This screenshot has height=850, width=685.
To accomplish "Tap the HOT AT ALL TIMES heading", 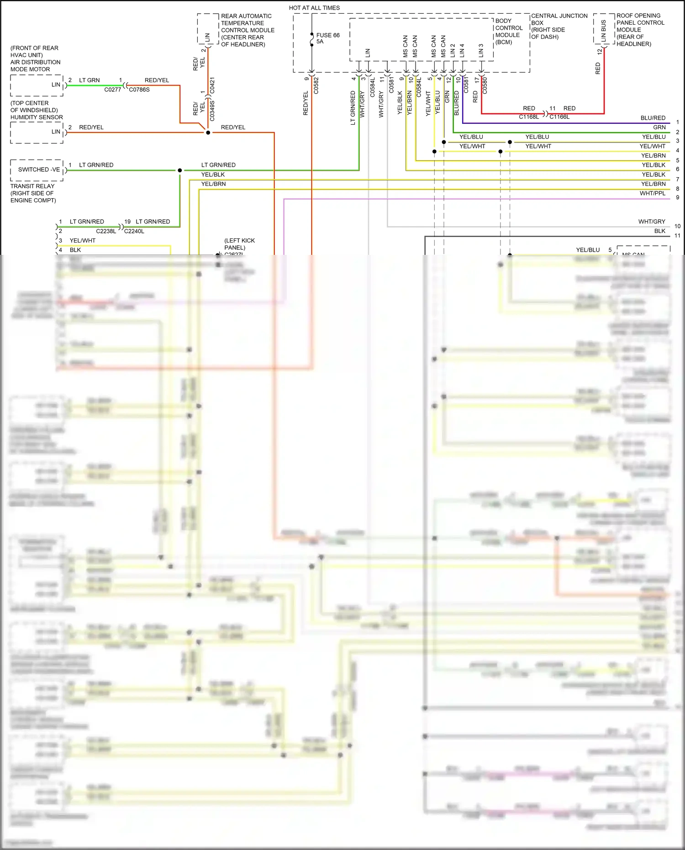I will coord(314,8).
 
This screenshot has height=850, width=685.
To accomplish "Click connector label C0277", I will coord(112,90).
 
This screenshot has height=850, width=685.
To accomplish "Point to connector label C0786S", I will coord(139,90).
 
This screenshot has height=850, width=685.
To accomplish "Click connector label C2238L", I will coord(106,231).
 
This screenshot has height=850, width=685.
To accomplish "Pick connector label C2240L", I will coord(134,231).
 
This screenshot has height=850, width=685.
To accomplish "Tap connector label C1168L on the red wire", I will coord(529,117).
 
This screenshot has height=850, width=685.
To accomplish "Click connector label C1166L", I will coord(559,117).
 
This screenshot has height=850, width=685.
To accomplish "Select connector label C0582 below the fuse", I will coord(316,85).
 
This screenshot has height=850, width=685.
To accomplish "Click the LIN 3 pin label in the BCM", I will coord(481,50).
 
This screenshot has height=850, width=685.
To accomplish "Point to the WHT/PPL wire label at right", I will coord(653,194).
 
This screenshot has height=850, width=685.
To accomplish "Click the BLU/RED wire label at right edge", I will coord(653,118).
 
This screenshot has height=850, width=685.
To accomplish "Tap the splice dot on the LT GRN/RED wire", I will coord(180,170).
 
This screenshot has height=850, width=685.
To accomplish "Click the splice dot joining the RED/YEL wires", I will coord(208,132).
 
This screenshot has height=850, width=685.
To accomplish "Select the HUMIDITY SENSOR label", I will coord(37,117).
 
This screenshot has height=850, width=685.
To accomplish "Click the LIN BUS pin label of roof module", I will coord(604,31).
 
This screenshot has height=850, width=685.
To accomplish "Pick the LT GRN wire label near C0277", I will coord(90,80).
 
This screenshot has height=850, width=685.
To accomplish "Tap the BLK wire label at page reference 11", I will coord(659,231).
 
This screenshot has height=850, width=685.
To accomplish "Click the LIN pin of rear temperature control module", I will coord(208,37).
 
